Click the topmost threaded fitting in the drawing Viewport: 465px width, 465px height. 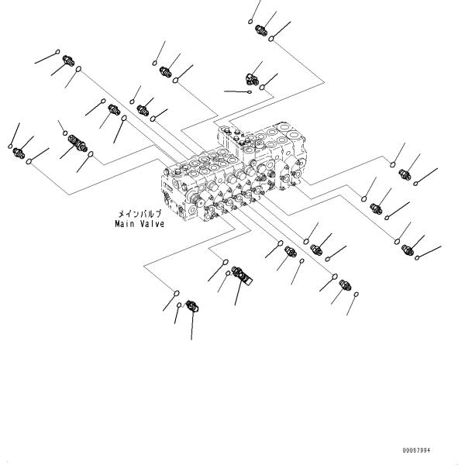point(261,31)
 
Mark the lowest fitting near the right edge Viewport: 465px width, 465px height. point(408,248)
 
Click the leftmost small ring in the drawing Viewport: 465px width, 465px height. point(9,146)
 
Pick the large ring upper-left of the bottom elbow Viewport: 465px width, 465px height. point(176,294)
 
